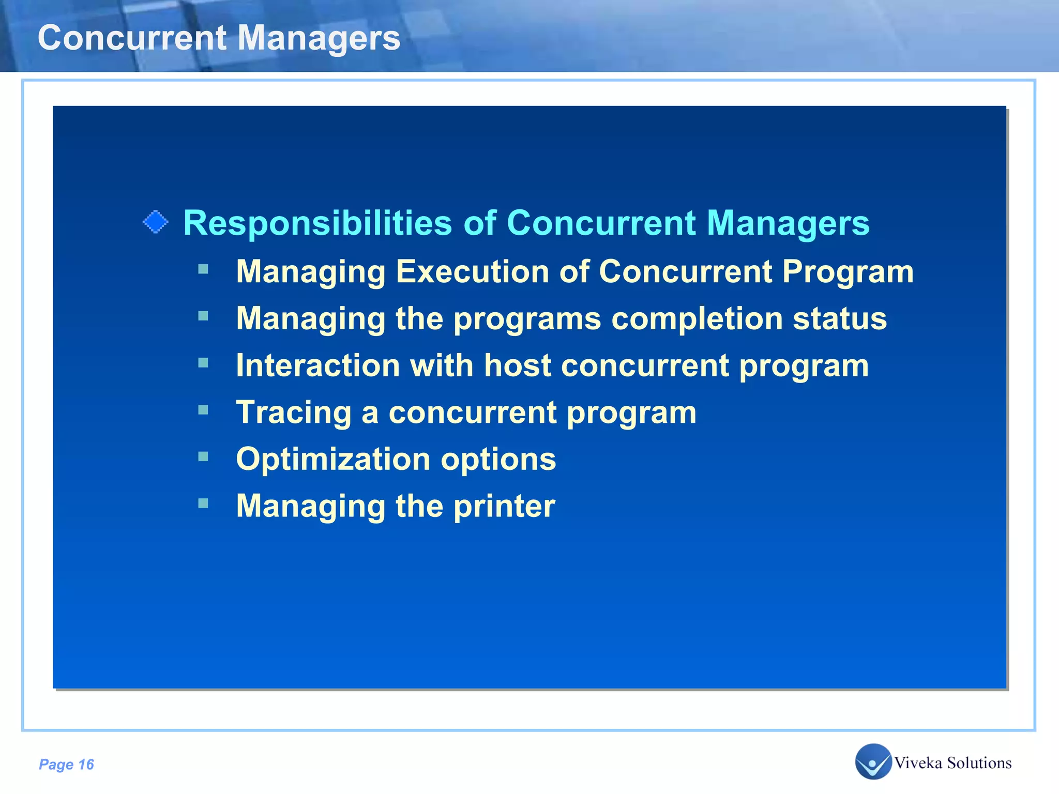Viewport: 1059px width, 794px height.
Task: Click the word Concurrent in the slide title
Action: pos(132,38)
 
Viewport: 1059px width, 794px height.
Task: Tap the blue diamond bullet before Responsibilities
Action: pos(155,222)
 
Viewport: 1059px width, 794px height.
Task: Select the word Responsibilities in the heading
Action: pos(317,223)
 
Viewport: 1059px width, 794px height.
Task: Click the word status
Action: pos(840,318)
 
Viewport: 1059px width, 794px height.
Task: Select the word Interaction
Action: pos(318,365)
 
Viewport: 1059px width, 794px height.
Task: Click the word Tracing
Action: pos(293,413)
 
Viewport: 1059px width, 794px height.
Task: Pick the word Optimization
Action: pos(333,460)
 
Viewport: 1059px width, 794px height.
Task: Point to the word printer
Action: pos(504,506)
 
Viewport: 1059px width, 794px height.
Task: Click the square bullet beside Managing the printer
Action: pos(203,503)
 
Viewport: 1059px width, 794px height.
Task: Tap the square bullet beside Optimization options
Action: pos(203,456)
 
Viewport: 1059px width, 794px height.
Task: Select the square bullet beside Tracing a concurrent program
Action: pos(203,410)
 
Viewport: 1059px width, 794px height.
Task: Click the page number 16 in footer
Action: pos(86,765)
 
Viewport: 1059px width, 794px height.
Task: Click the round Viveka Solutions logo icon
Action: pos(873,761)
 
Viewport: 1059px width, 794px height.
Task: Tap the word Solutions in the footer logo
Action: pos(979,763)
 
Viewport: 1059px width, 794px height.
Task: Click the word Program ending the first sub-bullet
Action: pos(848,272)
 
